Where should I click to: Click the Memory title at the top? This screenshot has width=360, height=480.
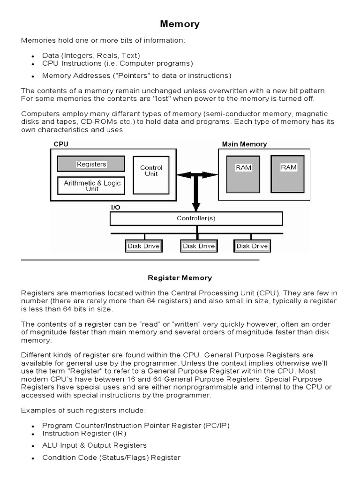[180, 24]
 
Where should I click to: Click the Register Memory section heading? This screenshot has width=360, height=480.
[180, 278]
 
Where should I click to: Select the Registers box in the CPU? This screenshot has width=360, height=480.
[91, 164]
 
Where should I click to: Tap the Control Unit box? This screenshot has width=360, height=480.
[151, 171]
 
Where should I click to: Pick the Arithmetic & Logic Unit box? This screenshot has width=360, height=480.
[92, 186]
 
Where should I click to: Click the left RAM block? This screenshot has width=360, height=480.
[243, 173]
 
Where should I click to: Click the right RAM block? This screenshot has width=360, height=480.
[288, 172]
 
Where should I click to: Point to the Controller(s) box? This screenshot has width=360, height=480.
[196, 218]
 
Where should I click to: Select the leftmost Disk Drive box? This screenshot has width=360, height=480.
[144, 246]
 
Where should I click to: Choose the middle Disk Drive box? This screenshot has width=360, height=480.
[199, 246]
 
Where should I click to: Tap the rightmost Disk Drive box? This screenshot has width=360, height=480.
[252, 246]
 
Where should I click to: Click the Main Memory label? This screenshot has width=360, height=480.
[244, 144]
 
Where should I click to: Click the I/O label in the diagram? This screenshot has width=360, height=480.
[115, 207]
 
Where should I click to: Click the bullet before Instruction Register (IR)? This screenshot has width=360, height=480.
[33, 435]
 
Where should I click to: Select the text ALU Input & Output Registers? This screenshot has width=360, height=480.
[94, 445]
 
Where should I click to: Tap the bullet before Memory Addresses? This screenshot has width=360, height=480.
[33, 76]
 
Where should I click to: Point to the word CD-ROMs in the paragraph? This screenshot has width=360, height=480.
[97, 121]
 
